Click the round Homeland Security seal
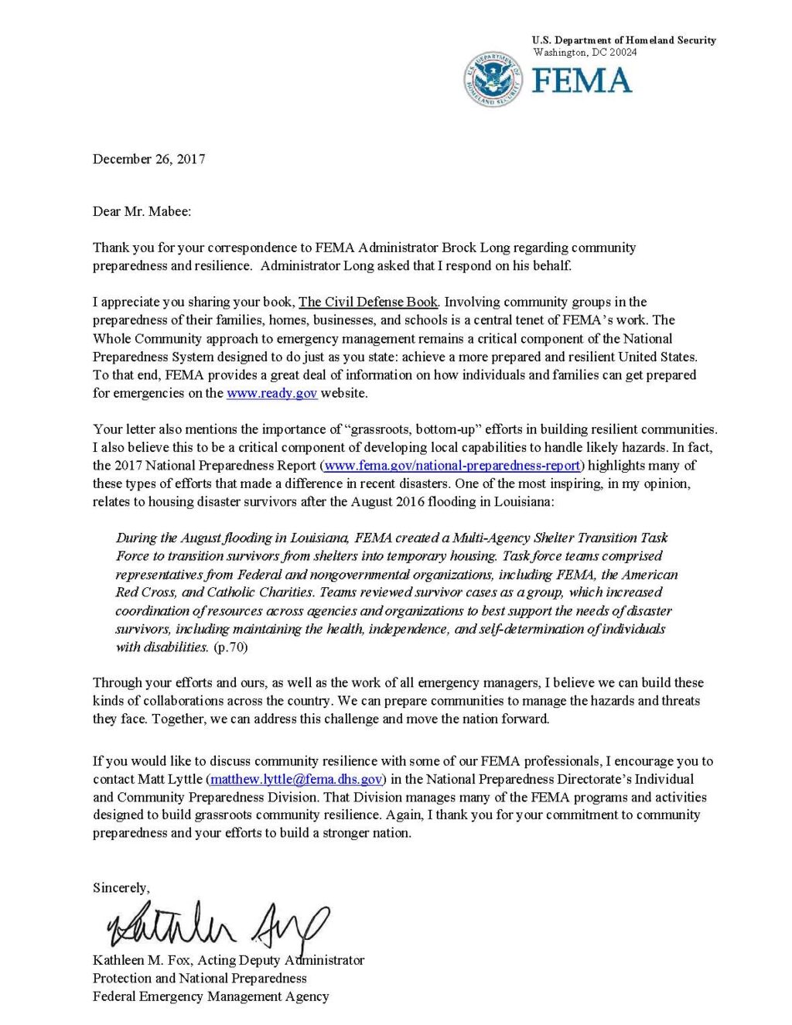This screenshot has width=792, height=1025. click(493, 80)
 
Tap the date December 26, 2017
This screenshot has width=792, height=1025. click(148, 159)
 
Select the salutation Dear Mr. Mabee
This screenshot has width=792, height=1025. click(142, 211)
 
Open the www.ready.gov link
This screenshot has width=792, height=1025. click(271, 393)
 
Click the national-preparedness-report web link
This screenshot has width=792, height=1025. click(452, 466)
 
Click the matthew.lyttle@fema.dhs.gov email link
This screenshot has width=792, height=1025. click(296, 779)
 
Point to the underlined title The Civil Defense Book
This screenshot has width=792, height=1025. click(368, 302)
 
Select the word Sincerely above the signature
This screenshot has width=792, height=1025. click(121, 888)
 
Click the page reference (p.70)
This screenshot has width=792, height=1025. click(230, 647)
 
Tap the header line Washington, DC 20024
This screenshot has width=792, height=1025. click(585, 53)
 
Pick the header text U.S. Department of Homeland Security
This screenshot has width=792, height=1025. click(623, 40)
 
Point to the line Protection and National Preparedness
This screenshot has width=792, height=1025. click(200, 979)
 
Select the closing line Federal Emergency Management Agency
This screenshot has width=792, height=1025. click(210, 996)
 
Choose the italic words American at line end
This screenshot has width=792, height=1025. click(650, 575)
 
